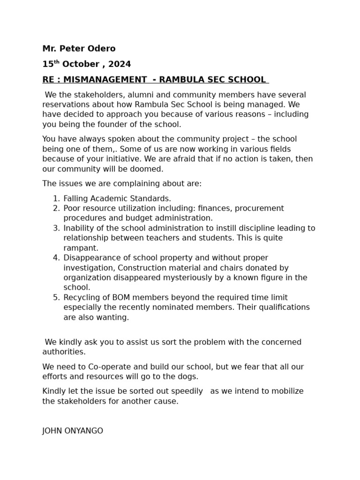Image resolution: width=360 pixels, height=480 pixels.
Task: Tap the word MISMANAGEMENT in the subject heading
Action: [x=102, y=80]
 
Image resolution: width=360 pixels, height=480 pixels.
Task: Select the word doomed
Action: [x=147, y=169]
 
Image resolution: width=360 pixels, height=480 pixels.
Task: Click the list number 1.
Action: [x=56, y=198]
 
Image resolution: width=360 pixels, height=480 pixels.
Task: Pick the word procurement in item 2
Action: [x=261, y=208]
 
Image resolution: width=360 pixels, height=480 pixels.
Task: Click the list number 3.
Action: [x=56, y=228]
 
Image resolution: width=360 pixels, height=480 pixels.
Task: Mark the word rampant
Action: [x=81, y=248]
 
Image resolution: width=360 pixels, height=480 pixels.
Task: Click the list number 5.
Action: [x=56, y=298]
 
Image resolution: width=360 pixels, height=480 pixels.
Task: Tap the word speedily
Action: [x=184, y=391]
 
